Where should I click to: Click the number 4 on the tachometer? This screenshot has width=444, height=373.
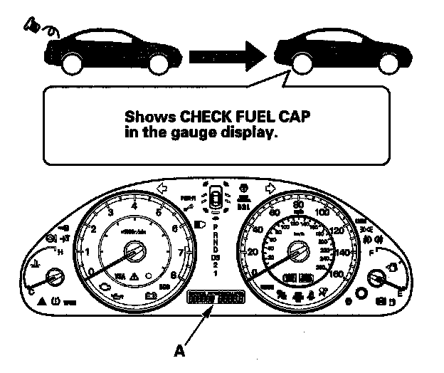coord(134,206)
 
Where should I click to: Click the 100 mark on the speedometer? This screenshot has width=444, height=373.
coord(322,213)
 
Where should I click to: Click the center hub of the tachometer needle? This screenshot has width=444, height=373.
coord(134,251)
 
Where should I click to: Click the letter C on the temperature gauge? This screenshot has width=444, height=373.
coord(31,290)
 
